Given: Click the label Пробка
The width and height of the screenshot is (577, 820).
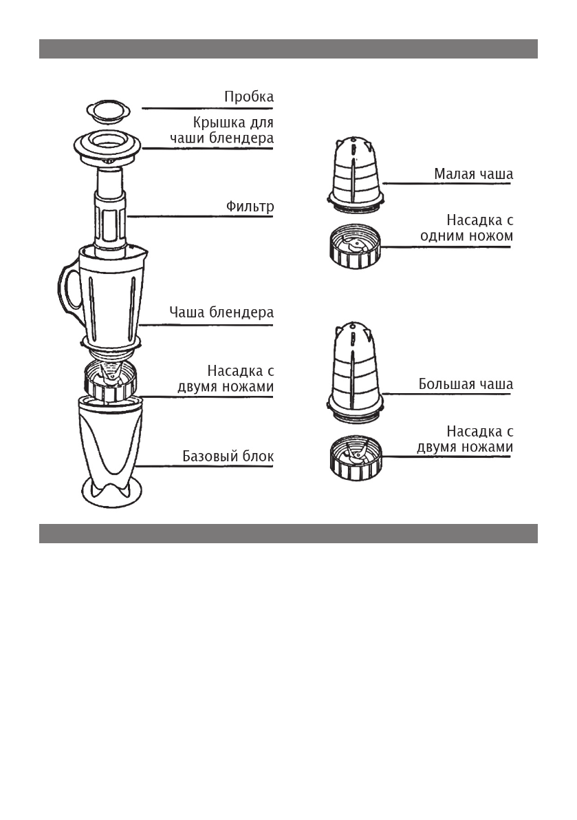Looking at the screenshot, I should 248,97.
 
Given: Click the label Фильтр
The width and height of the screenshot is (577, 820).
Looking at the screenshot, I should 250,206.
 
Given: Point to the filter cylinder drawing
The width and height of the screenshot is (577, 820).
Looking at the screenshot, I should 111,213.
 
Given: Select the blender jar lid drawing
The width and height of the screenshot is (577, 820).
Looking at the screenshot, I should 107,147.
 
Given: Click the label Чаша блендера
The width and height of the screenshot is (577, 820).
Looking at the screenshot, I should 221,312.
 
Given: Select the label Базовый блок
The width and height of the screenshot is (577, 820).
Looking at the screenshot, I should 228,456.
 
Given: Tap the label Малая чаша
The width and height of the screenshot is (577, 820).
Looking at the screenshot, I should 473,174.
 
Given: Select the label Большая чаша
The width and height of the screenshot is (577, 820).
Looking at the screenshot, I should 466,384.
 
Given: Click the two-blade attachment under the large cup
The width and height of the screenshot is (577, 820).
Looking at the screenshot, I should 355,459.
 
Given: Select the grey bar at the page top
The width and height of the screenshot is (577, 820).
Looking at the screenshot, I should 287,49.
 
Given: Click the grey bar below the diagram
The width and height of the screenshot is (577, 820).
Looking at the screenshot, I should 287,534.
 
